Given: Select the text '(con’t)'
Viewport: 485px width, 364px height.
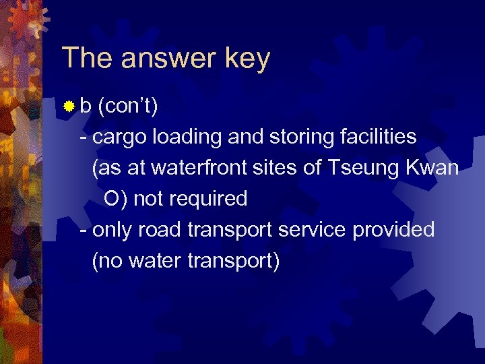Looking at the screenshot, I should (x=128, y=106).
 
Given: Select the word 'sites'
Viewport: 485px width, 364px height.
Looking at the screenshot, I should (x=278, y=168).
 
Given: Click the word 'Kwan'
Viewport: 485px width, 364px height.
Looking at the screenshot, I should (x=431, y=168).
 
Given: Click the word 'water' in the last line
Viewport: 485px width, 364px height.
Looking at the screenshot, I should (x=148, y=261).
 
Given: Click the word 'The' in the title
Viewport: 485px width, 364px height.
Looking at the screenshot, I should (x=86, y=59).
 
